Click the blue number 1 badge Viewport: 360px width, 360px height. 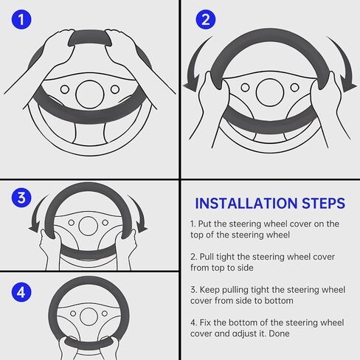point(21,19)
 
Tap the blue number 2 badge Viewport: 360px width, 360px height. point(205,19)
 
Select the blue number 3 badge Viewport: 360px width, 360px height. point(21,198)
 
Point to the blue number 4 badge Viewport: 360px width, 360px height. point(21,292)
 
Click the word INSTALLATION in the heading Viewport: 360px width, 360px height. point(246,204)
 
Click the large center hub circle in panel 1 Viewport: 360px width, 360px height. point(90,94)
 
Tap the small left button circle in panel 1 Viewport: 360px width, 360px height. point(65,89)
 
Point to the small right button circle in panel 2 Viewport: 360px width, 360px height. point(295,87)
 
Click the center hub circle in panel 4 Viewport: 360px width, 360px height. point(89,316)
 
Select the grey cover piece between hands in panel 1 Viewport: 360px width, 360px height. point(90,38)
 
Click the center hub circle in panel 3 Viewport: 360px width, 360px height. point(88,226)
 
